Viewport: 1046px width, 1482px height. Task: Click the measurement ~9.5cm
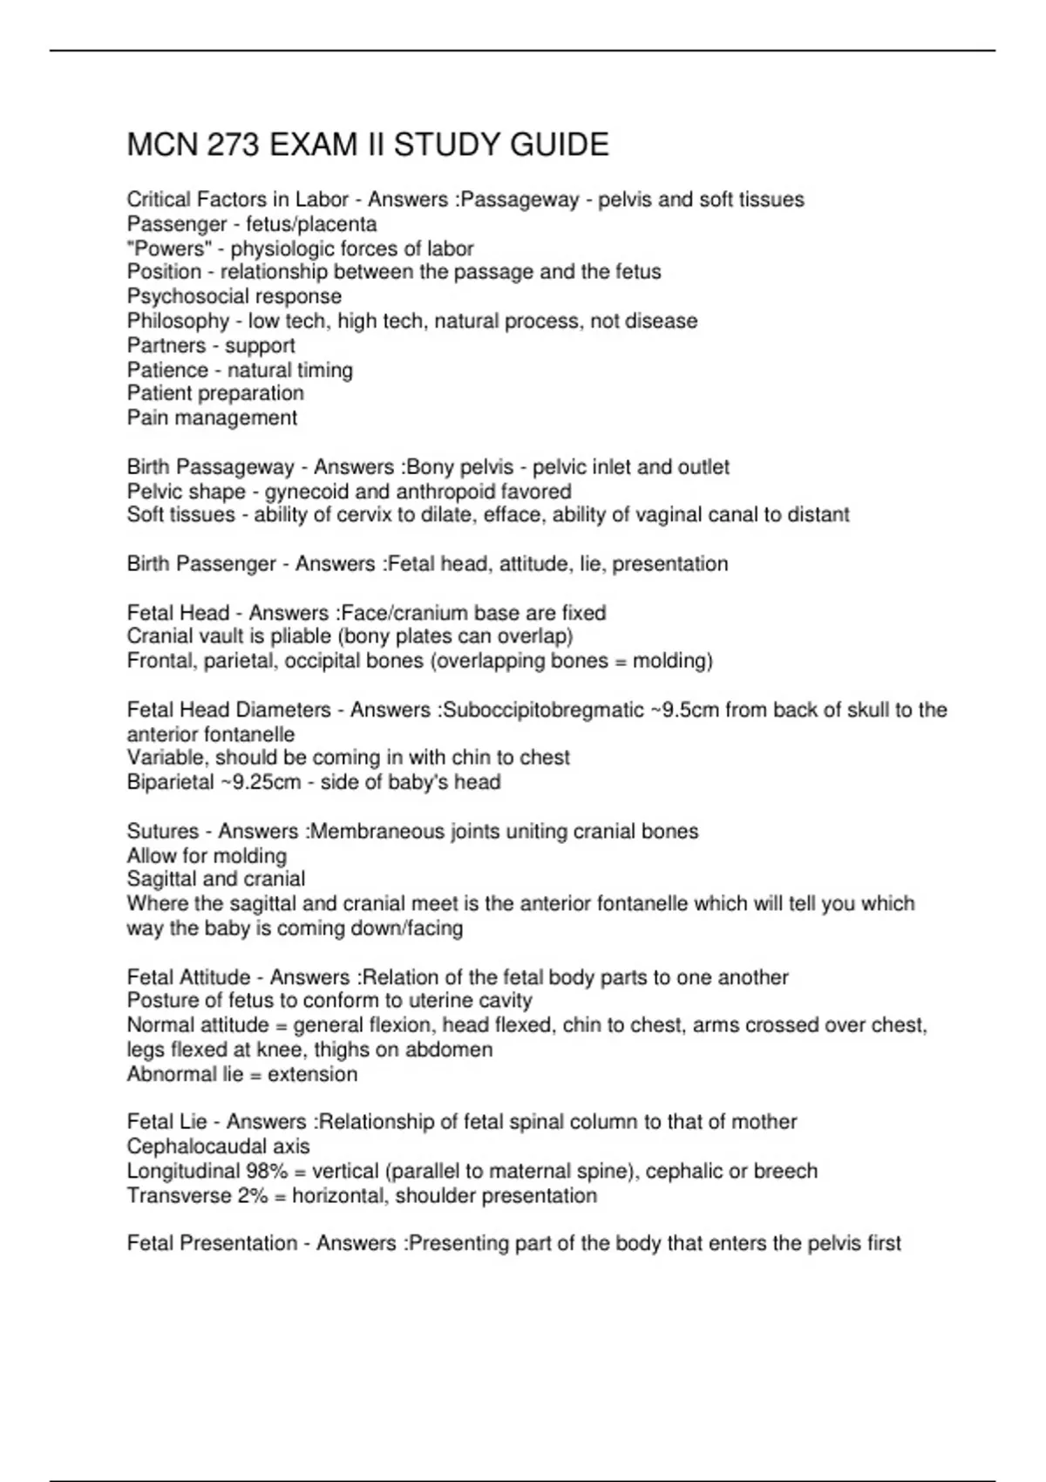685,710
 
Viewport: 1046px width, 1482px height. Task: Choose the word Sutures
163,832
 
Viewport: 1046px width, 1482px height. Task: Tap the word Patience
167,370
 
